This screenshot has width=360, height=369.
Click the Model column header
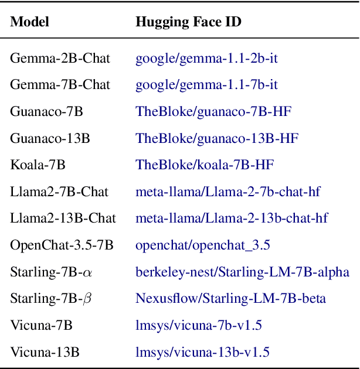[29, 22]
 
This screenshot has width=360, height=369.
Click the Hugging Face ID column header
[188, 22]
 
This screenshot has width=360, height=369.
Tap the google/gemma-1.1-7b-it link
[206, 85]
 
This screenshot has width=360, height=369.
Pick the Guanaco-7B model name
[46, 111]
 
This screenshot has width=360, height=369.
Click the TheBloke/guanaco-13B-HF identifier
[217, 138]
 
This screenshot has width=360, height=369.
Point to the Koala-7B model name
[38, 165]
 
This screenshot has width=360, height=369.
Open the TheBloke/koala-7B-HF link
[205, 165]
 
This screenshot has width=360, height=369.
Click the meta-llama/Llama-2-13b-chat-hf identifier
[232, 218]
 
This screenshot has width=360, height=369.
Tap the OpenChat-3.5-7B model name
[62, 245]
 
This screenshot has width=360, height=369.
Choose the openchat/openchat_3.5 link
[203, 245]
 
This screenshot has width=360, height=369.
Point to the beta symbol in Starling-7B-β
[88, 299]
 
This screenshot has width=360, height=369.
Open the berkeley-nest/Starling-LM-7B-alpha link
[242, 272]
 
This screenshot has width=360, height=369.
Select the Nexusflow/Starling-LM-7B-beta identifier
[231, 299]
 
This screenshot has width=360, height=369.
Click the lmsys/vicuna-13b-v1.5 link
[202, 353]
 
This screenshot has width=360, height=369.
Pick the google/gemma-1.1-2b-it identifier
[206, 58]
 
